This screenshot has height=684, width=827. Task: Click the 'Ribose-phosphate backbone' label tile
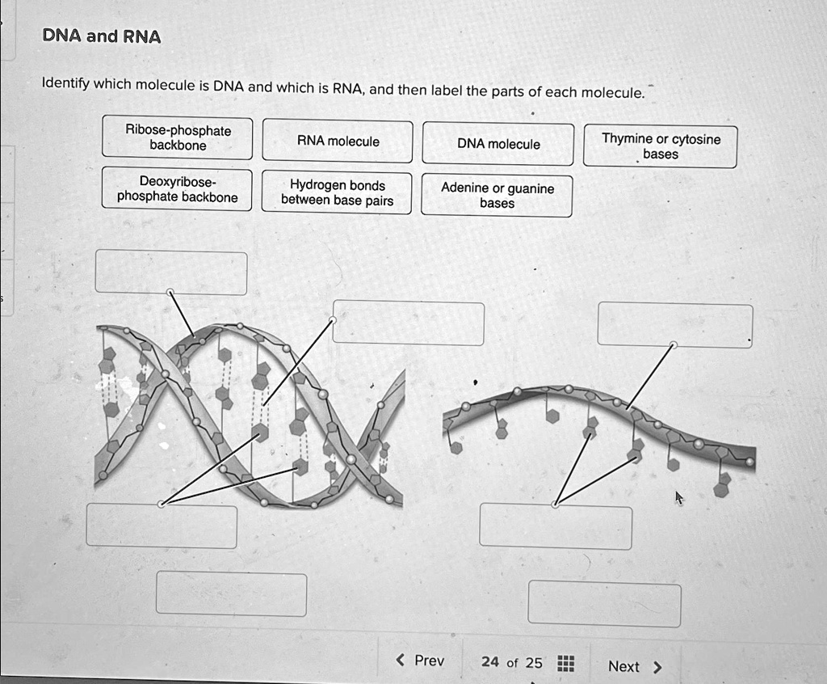coord(178,138)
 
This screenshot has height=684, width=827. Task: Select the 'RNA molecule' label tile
coord(338,142)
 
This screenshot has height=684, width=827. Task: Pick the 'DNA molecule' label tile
coord(498,144)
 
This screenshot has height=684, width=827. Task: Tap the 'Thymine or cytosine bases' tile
coord(660,146)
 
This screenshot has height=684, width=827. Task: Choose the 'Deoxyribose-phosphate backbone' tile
coord(177,189)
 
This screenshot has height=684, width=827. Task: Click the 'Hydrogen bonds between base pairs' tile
coord(337,193)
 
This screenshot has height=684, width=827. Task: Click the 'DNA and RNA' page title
coord(102,37)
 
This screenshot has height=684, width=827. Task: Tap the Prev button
coord(421,661)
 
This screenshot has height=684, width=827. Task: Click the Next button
coord(634,666)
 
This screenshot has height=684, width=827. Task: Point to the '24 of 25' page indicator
coord(511,662)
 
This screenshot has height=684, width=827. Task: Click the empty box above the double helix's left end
coord(171,272)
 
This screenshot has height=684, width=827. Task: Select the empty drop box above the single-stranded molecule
coord(674,325)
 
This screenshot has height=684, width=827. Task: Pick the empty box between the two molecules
coord(409,323)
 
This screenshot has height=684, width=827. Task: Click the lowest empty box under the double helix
coord(231,593)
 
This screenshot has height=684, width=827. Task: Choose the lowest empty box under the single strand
coord(604,603)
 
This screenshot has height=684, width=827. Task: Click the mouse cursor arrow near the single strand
coord(678,498)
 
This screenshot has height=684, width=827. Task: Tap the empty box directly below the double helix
coord(162,526)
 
